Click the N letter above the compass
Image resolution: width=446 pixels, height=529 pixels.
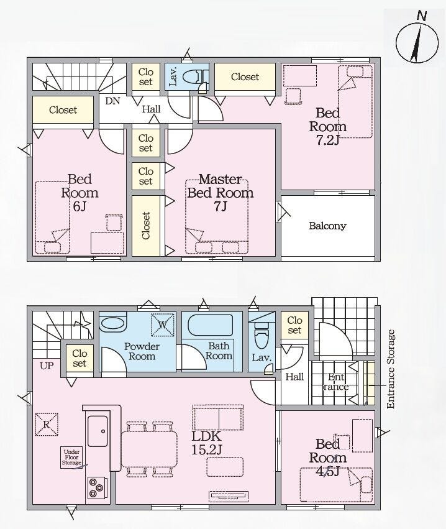point(421,16)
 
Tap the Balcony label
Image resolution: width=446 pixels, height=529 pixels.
point(328,226)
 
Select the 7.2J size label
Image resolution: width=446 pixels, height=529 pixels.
point(327,140)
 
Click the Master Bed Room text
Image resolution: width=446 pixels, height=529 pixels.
point(220,186)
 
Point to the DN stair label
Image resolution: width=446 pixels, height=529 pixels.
point(112,101)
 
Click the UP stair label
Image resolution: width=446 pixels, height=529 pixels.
point(47,366)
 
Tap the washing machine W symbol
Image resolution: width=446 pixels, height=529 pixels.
point(163,325)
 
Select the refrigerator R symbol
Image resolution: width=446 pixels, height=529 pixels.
point(47,425)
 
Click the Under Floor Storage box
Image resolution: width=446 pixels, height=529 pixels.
point(71,458)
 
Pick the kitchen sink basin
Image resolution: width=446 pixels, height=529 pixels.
point(98,431)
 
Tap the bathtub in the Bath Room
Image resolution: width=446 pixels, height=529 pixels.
point(211,325)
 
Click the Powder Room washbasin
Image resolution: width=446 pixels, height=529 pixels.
point(113,324)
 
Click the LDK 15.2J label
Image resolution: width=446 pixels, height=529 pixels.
point(207,443)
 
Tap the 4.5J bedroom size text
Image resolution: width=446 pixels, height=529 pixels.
point(327,471)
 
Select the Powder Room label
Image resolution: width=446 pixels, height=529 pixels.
point(142,351)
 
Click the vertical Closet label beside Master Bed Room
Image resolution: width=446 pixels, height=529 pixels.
point(145,226)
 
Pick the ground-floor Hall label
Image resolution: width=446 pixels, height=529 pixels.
point(294,377)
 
